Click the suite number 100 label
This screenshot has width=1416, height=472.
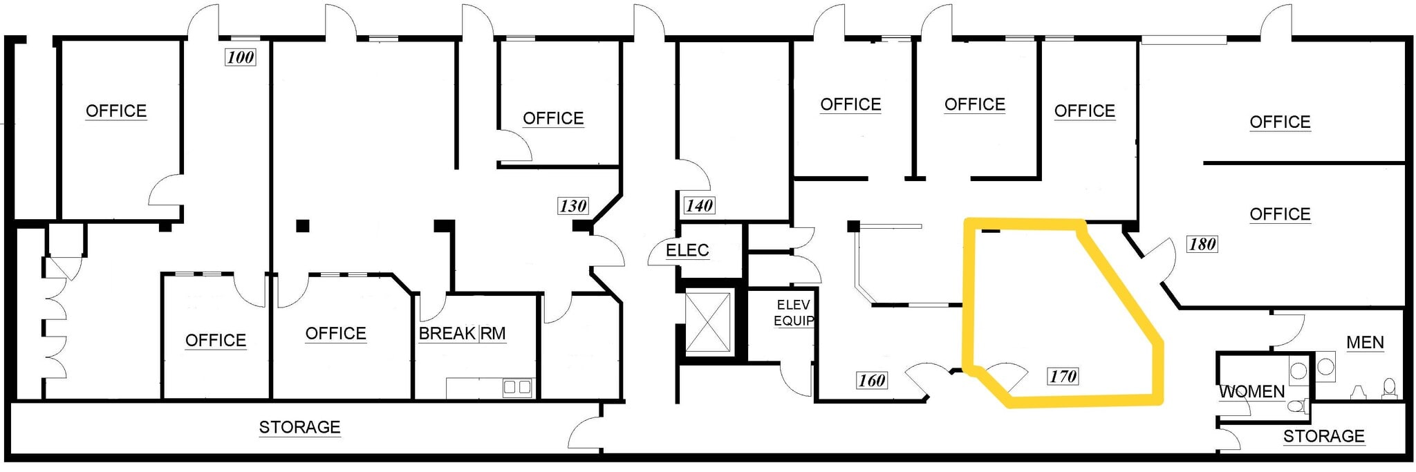pos(241,57)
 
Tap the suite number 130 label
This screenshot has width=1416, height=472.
pos(572,205)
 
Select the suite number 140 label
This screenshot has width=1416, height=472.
pos(699,205)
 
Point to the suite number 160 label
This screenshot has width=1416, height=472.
pos(871,380)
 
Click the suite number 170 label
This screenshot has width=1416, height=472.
pos(1063,376)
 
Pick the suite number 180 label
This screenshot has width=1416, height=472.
pos(1202,244)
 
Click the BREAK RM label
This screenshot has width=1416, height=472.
pos(462,334)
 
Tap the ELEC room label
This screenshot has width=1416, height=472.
pos(687,250)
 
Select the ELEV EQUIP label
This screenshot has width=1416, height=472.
pos(793,312)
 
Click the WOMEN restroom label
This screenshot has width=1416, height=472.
pos(1251,392)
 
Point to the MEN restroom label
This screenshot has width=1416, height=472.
pos(1365,342)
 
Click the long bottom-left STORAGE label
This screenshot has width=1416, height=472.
pos(299,427)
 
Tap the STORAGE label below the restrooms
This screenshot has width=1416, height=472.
pos(1323,436)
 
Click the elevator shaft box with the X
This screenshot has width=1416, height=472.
pos(707,322)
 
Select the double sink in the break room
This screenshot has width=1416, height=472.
pos(516,387)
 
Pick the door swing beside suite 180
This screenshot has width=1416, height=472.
pos(1159,257)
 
